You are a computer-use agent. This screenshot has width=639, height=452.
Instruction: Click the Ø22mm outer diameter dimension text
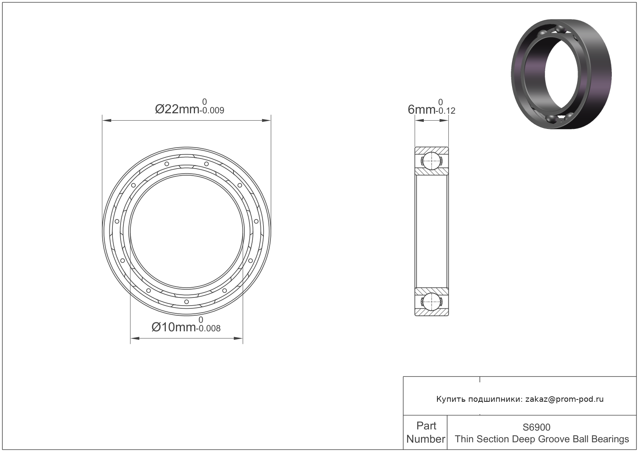pos(177,109)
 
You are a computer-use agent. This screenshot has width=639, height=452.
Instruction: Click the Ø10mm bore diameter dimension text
pos(174,327)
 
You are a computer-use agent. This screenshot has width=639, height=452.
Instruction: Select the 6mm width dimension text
pos(421,109)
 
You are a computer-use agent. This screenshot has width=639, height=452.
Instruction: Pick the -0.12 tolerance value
pos(446,111)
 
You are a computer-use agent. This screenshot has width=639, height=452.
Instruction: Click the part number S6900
pos(537,427)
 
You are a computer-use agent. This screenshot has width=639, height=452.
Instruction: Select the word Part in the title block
pos(426,426)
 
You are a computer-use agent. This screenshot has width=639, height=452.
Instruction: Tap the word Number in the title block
pos(426,439)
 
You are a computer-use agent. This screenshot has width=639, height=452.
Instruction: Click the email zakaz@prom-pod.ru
pos(565,399)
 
